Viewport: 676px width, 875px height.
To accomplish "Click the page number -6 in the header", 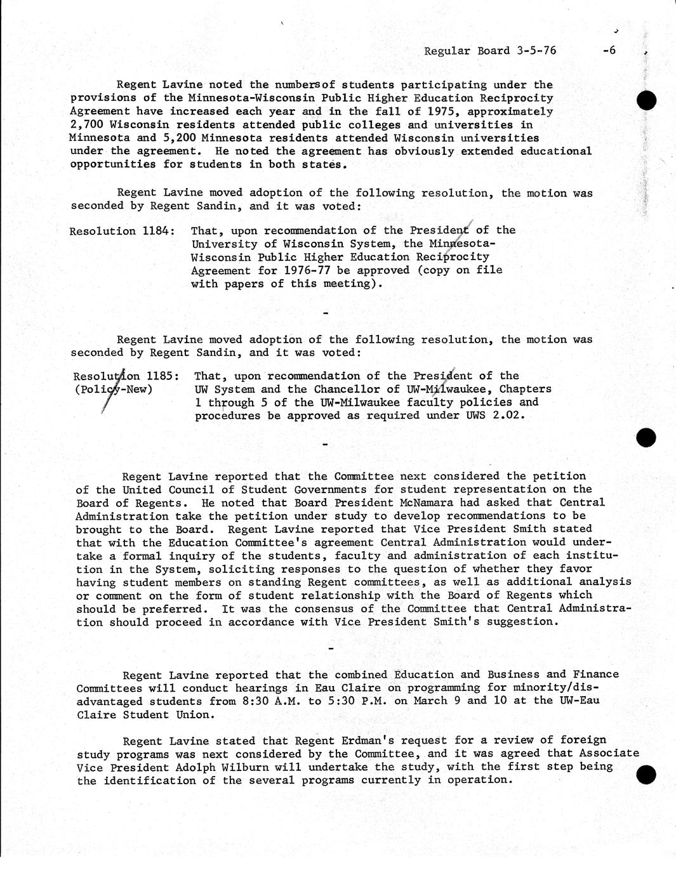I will point(609,51).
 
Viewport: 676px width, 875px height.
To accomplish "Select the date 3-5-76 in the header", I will point(536,51).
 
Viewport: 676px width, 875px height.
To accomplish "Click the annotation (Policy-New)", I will point(114,389).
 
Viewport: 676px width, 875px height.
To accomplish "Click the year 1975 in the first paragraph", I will point(442,112).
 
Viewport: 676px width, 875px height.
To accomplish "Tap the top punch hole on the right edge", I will point(646,100).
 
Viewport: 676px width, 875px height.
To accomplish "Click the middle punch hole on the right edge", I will point(646,437).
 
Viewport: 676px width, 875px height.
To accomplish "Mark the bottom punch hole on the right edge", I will point(646,775).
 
